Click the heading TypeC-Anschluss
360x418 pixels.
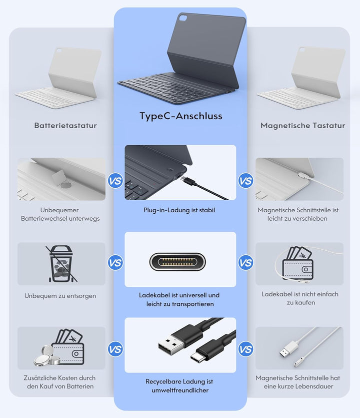coord(181,116)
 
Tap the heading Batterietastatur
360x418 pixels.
coord(65,126)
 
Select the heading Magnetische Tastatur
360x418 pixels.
coord(303,126)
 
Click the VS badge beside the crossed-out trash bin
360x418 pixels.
coord(115,263)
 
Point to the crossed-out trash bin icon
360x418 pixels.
coord(61,264)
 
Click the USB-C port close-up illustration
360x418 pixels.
coord(177,261)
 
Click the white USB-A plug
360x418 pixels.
coord(289,348)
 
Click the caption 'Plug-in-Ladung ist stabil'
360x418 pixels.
coord(179,210)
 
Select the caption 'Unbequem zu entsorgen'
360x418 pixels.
coord(60,296)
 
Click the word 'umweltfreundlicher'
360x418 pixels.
coord(180,390)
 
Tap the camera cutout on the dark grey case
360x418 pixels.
coord(183,18)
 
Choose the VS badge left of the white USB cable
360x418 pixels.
coord(245,349)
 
